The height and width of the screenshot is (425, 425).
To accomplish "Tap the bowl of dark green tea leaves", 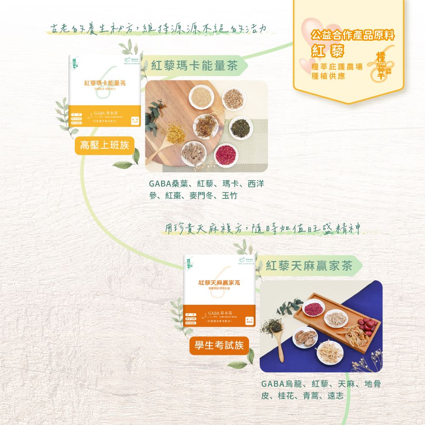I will point(240,127).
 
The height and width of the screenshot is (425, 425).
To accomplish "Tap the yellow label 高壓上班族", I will point(105,146).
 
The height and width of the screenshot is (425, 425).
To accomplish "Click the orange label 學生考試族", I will point(219,346).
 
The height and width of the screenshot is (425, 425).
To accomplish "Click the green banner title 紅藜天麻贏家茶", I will point(309,266).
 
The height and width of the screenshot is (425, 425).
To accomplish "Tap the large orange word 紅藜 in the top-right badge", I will point(327,51).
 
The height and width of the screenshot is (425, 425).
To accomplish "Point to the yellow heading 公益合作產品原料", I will point(353,35).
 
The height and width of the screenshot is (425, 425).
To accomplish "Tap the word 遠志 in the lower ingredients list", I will point(335,396).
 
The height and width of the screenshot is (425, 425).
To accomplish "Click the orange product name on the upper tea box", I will point(105,83).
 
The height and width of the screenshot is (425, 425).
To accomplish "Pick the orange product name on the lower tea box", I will point(219,283).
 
